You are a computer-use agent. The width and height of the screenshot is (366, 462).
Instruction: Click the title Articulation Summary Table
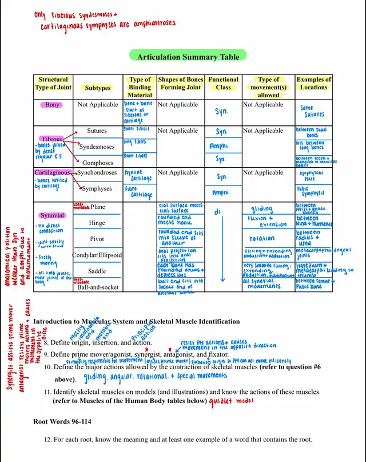[188, 57]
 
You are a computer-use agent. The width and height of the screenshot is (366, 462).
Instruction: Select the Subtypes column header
[98, 88]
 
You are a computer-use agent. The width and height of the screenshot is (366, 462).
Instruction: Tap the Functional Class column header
[223, 84]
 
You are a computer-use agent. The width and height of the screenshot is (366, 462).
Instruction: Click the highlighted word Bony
[52, 105]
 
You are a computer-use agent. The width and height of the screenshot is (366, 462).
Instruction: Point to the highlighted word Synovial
[52, 216]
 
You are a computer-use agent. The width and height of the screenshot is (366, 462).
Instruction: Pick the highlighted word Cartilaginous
[52, 172]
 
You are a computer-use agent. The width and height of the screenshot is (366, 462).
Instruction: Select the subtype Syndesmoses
[97, 147]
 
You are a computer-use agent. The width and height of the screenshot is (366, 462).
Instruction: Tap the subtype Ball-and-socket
[98, 287]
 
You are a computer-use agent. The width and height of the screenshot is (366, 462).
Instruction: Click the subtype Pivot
[97, 239]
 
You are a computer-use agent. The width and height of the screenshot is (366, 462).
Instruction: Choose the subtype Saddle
[97, 271]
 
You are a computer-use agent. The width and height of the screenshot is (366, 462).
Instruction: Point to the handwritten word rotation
[262, 238]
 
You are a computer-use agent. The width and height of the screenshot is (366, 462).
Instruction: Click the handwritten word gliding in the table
[262, 208]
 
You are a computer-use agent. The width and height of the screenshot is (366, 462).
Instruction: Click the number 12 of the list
[47, 440]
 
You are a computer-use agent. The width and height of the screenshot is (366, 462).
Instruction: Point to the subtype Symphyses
[97, 188]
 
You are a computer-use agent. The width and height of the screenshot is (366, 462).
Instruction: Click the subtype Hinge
[97, 223]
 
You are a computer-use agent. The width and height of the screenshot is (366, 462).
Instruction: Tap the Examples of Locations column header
[313, 84]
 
